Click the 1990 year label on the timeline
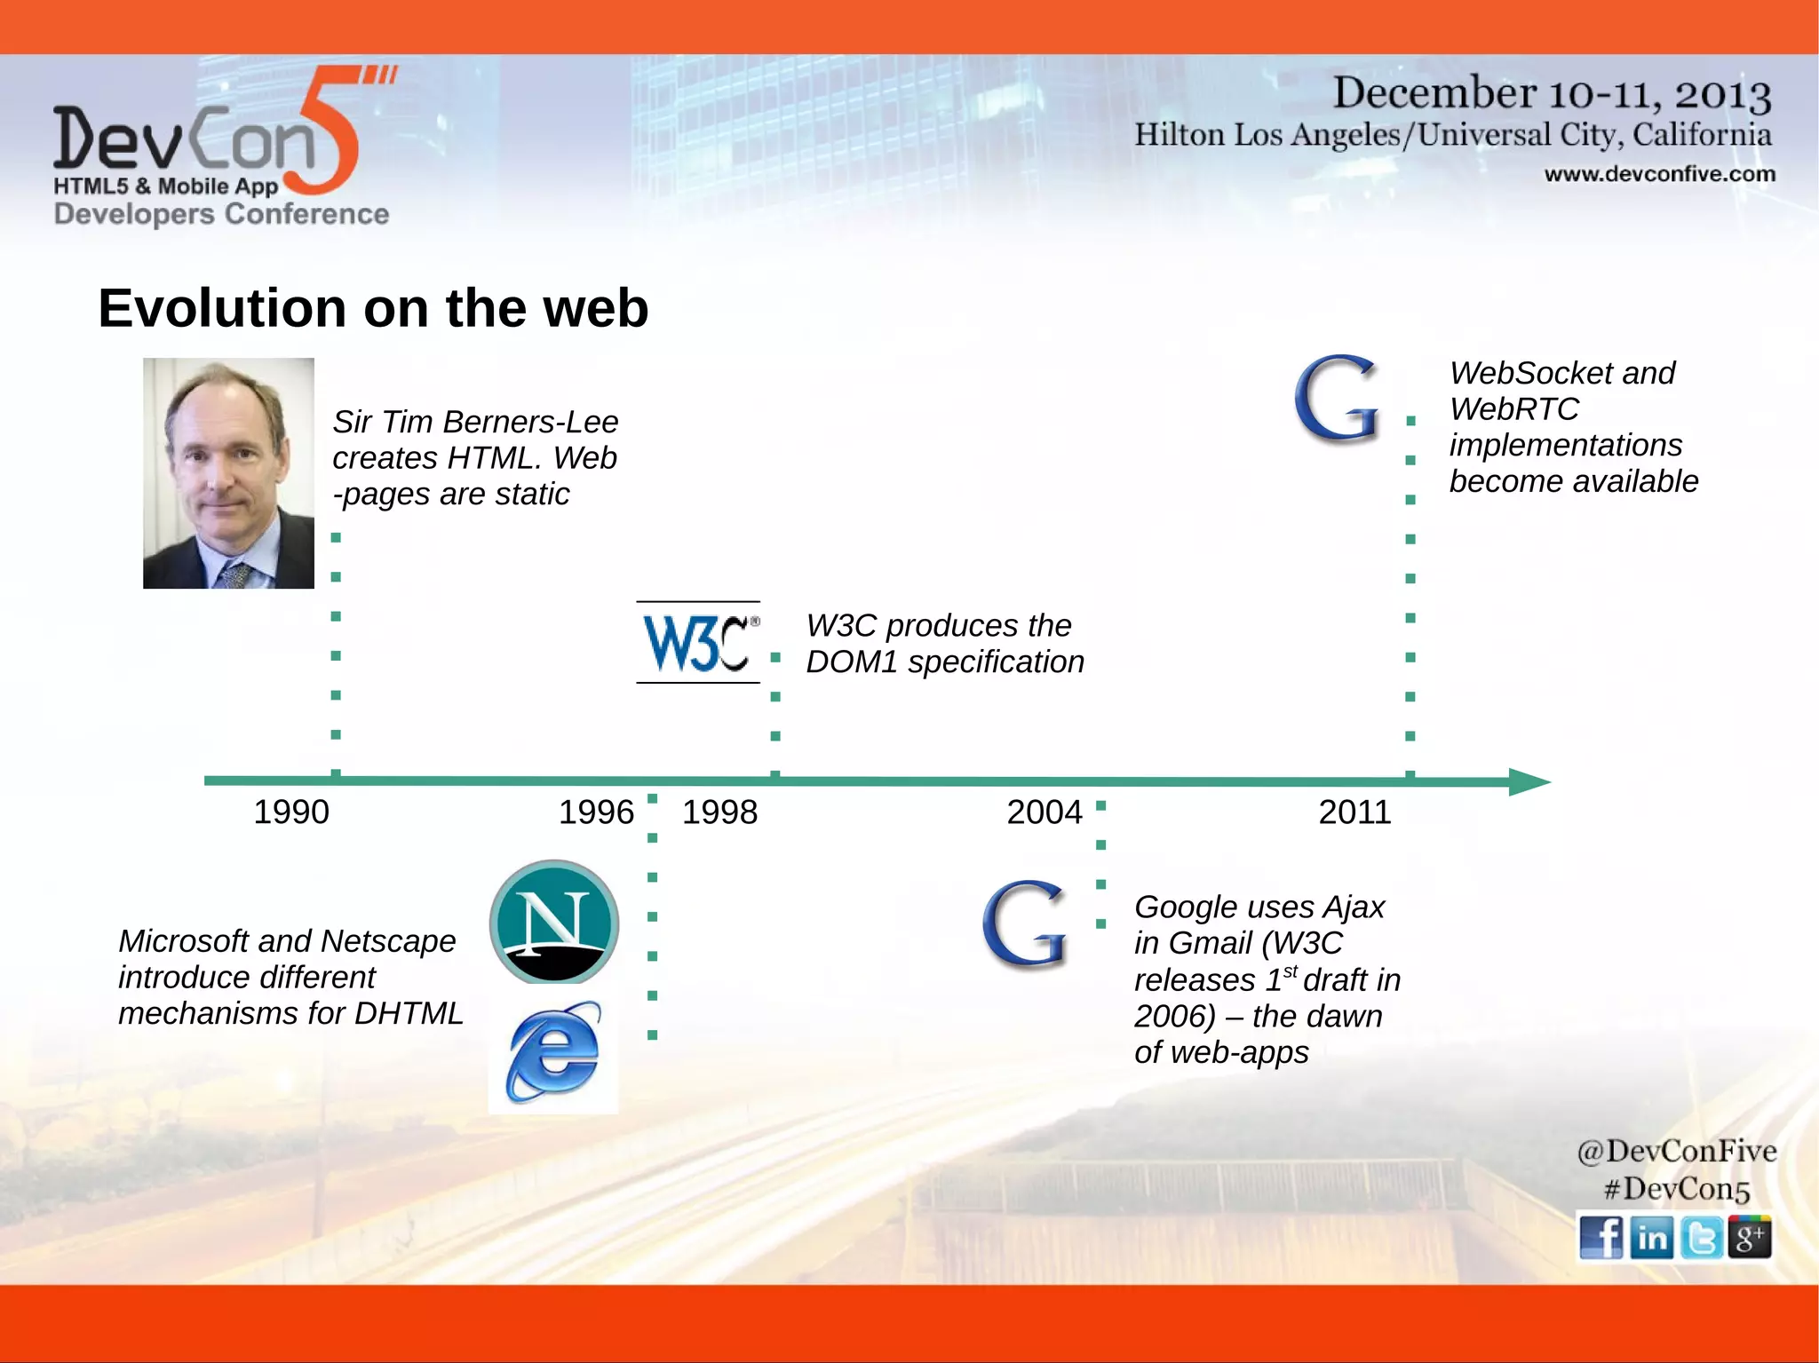(x=291, y=812)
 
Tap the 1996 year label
(x=596, y=812)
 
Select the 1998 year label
(x=719, y=812)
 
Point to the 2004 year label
(x=1045, y=812)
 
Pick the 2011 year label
(x=1354, y=812)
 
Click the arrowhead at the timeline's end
(x=1529, y=781)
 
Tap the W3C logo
(x=699, y=643)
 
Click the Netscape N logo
(x=554, y=922)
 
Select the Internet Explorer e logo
(x=553, y=1052)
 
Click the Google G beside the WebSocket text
(x=1338, y=399)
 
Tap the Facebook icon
(x=1601, y=1237)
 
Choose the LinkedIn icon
(x=1651, y=1237)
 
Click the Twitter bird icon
(x=1701, y=1237)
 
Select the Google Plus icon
(x=1750, y=1237)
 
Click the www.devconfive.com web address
(x=1659, y=174)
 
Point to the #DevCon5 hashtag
(x=1676, y=1189)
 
